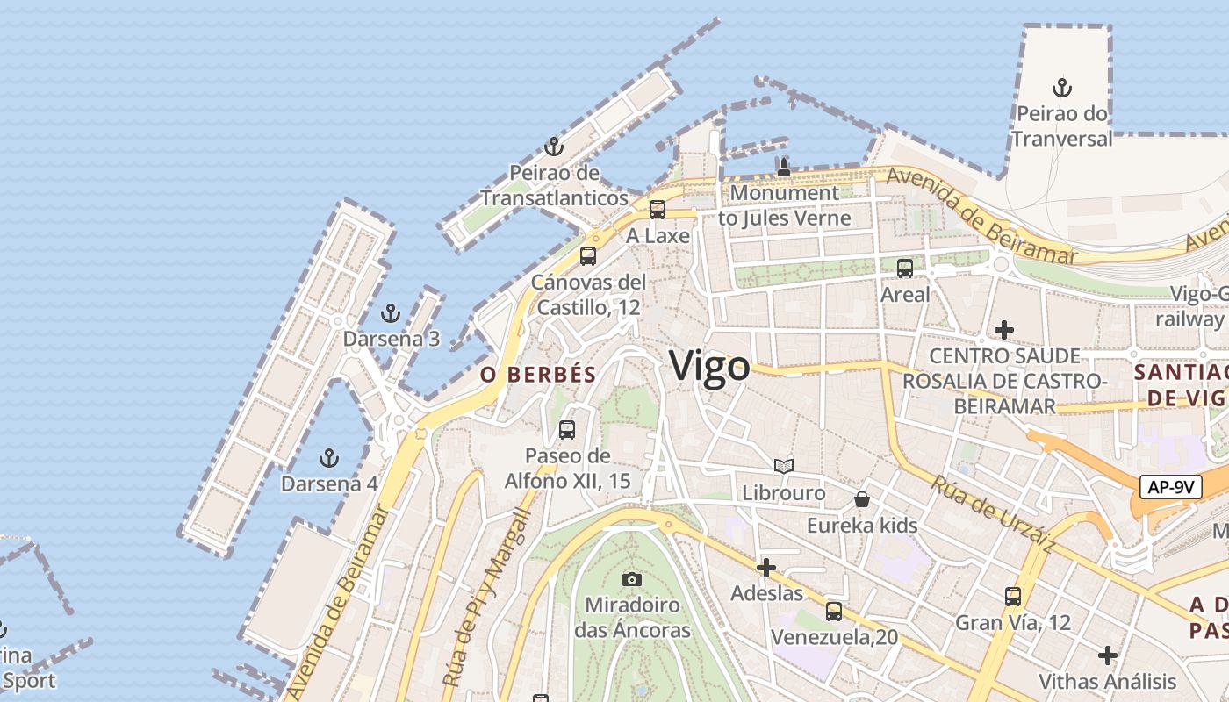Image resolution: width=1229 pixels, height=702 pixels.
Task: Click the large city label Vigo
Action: tap(709, 366)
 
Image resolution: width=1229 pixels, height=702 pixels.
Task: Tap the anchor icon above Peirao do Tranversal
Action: tap(1062, 88)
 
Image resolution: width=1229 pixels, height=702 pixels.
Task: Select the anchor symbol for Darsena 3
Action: tap(391, 312)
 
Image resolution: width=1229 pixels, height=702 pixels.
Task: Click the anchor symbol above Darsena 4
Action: tap(328, 457)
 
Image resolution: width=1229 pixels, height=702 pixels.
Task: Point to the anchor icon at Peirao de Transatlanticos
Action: tap(553, 146)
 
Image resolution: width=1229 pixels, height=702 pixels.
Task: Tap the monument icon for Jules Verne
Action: tap(784, 167)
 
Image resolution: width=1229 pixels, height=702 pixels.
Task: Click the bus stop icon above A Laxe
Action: tap(657, 210)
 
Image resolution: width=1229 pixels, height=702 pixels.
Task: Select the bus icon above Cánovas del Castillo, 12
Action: tap(588, 256)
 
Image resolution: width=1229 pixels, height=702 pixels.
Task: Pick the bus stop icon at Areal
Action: tap(905, 269)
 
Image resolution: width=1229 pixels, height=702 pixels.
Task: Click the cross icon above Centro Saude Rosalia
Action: tap(1004, 330)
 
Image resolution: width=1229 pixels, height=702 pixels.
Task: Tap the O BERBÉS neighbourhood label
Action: tap(538, 375)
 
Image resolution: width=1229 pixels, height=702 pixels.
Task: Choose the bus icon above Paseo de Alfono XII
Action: tap(567, 430)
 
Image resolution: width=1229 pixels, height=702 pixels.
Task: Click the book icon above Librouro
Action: tap(784, 467)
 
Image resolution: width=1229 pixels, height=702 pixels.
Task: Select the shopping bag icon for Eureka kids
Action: tap(862, 499)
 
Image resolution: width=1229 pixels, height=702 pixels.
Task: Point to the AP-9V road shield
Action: tap(1170, 487)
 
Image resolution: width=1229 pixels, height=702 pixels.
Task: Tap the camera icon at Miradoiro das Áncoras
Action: tap(631, 579)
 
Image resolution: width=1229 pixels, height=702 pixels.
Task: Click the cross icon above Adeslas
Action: tap(766, 568)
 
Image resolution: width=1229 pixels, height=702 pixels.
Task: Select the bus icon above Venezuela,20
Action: tap(834, 611)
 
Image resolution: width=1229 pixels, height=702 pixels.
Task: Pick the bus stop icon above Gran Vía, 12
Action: tap(1013, 597)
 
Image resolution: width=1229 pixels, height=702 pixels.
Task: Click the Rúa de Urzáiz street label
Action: tap(993, 514)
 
